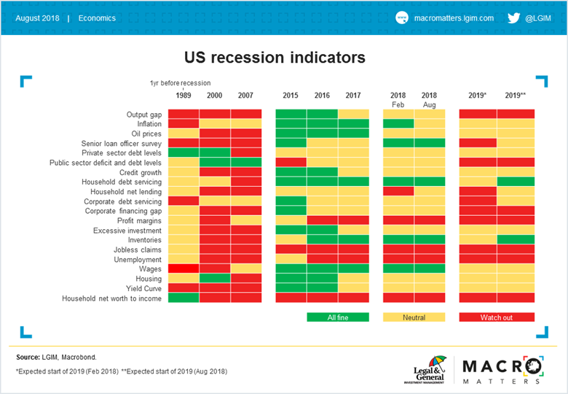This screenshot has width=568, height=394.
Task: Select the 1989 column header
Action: [184, 96]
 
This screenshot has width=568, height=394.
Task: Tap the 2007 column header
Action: [246, 96]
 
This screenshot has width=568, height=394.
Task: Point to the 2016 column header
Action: [322, 96]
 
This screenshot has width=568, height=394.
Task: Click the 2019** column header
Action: [516, 96]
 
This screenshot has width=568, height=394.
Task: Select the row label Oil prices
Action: [146, 134]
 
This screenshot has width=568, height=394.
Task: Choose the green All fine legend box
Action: [337, 317]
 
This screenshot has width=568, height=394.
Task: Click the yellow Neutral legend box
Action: [414, 317]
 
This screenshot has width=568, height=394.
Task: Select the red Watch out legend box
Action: [496, 317]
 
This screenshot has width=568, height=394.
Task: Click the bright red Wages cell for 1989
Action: [184, 269]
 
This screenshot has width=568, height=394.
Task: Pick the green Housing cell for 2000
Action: [215, 278]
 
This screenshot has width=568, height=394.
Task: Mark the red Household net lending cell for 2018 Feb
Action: [398, 191]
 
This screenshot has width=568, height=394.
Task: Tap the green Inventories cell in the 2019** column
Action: [516, 239]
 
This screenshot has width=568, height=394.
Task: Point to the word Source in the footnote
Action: [28, 357]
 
